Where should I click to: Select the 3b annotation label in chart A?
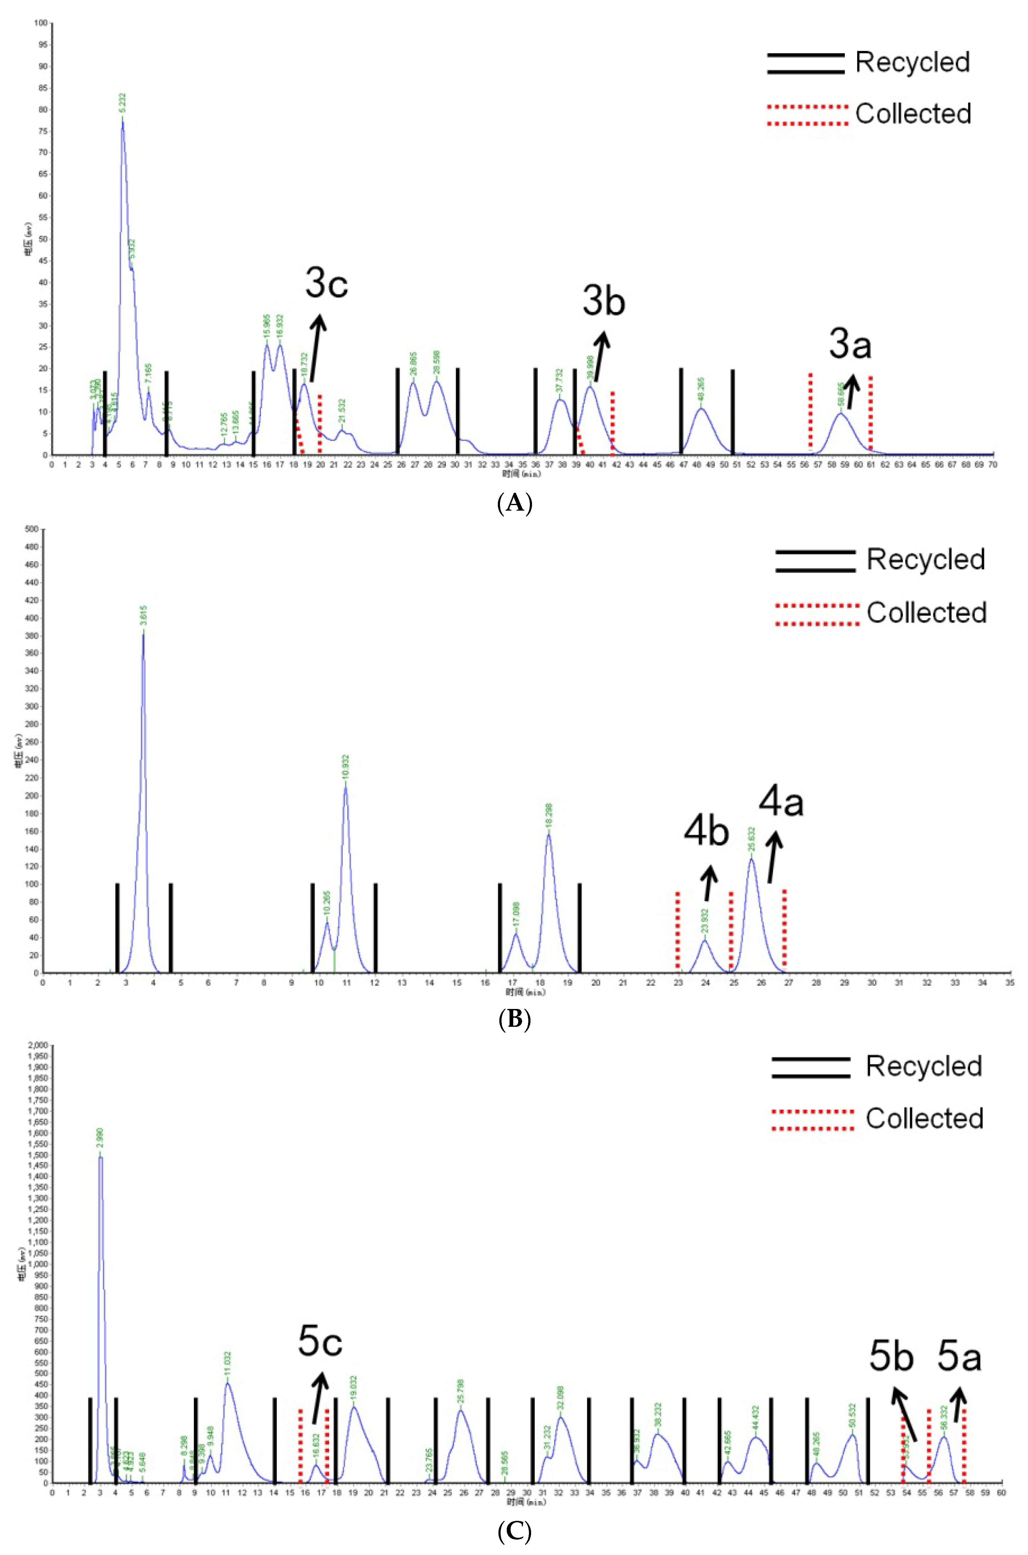603,302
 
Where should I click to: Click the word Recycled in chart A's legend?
912,62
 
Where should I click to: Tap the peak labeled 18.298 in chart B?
549,834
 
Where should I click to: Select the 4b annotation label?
706,832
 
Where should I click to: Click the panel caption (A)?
514,504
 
